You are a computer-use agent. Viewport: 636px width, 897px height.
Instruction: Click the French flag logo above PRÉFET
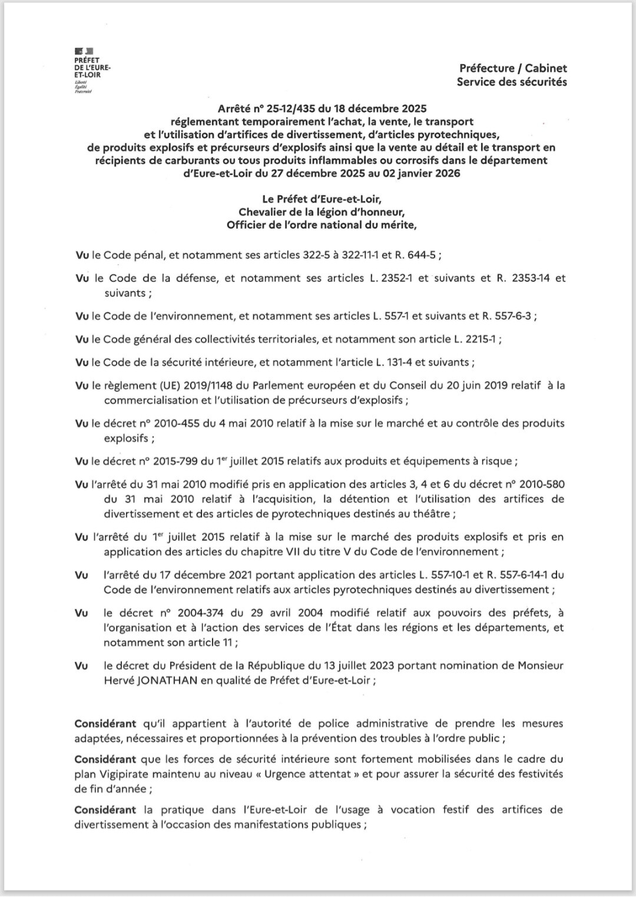point(84,52)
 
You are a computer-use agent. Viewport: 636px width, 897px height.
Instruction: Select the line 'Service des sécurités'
point(512,82)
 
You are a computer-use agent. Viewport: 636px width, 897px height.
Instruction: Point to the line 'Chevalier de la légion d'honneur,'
point(322,212)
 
